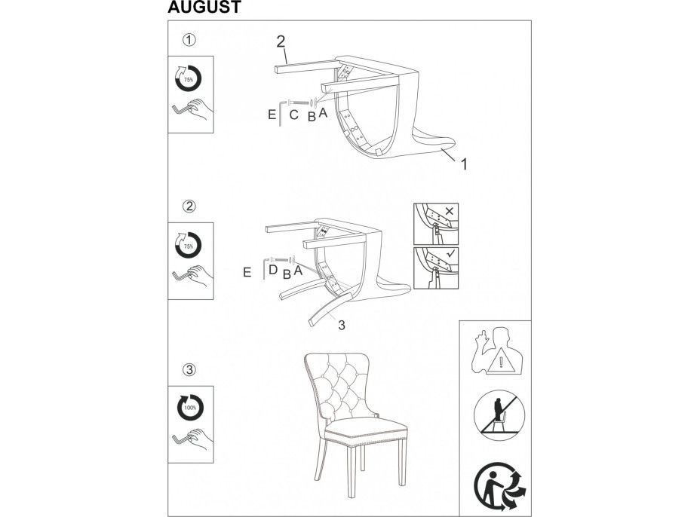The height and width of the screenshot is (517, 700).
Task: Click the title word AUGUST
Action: tap(204, 7)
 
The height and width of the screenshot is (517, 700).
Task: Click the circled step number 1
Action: tap(189, 40)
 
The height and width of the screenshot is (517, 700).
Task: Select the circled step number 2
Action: tap(190, 206)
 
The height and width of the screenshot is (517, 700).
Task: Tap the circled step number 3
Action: tap(190, 370)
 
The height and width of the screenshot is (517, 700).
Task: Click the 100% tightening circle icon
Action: tap(190, 408)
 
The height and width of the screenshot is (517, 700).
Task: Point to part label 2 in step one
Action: tap(281, 42)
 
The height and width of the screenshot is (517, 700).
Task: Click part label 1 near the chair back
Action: tap(464, 164)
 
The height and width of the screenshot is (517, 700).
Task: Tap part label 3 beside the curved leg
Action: tap(342, 326)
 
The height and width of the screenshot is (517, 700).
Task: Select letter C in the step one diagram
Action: tap(293, 115)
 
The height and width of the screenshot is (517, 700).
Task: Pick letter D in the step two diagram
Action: tap(273, 270)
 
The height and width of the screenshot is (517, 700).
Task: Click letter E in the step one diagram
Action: tap(272, 115)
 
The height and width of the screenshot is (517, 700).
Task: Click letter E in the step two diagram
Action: tap(247, 273)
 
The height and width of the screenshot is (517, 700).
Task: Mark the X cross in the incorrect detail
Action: tap(450, 211)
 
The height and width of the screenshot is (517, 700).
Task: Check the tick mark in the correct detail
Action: tap(451, 254)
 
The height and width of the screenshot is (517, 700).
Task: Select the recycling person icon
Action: tap(499, 487)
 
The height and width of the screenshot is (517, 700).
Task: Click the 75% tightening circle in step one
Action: tap(189, 78)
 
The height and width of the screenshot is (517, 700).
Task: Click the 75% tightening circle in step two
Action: tap(189, 245)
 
